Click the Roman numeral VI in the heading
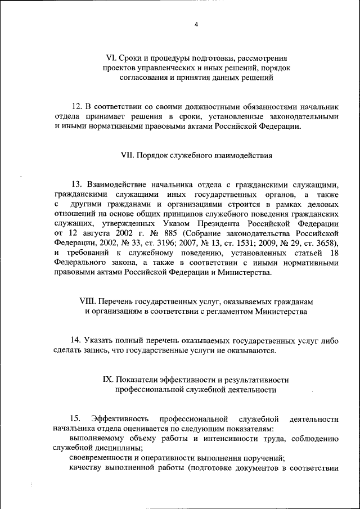point(111,58)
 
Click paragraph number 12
point(77,106)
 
